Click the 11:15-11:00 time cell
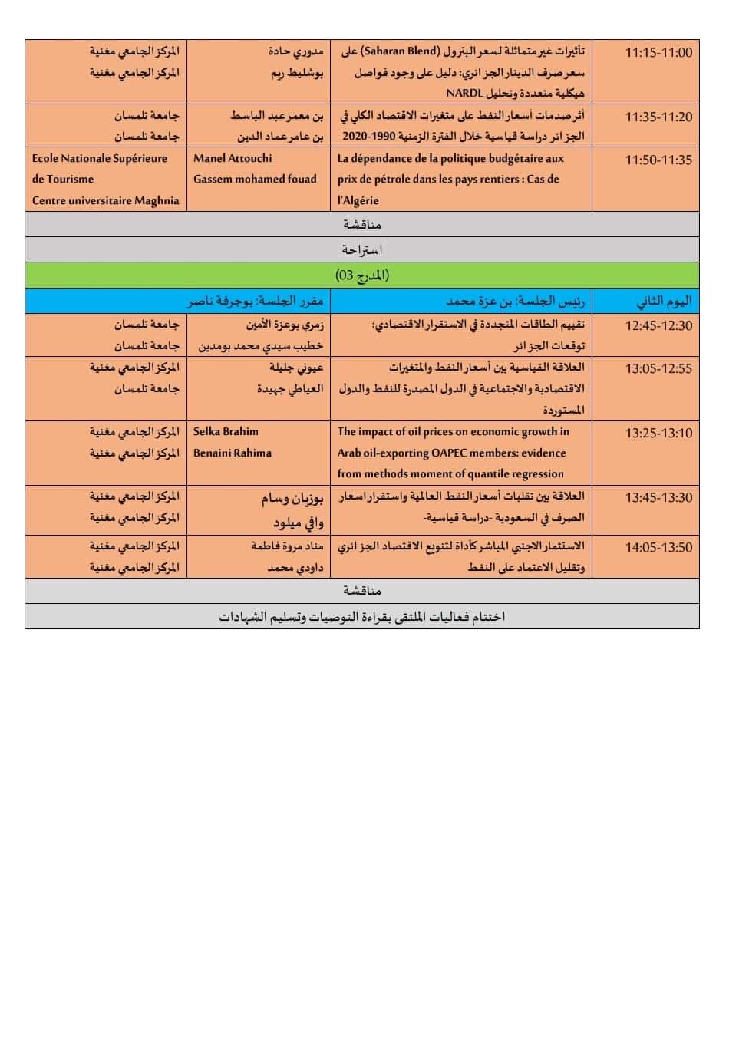tap(658, 52)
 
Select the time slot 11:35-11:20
tap(658, 117)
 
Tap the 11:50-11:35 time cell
tap(658, 160)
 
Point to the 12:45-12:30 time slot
tap(658, 325)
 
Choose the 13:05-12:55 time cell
tap(658, 368)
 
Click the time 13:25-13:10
tap(658, 433)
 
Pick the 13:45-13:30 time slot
tap(658, 497)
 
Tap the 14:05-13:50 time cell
tap(658, 547)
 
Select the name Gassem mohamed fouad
tap(255, 179)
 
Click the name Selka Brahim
tap(226, 431)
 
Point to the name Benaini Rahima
tap(233, 453)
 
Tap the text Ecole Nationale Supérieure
tap(100, 158)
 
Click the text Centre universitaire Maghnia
tap(105, 200)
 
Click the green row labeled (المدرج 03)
tap(362, 275)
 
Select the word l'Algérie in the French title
tap(358, 200)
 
